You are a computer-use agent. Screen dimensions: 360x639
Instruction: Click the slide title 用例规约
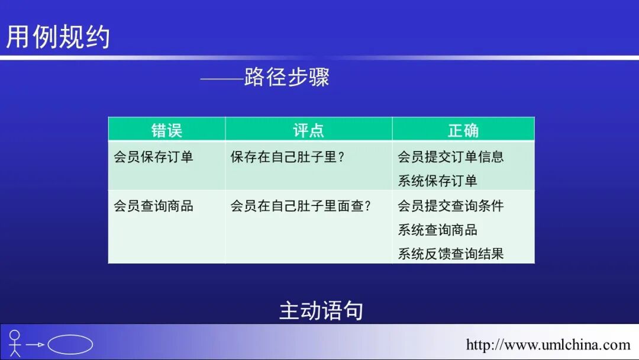click(58, 37)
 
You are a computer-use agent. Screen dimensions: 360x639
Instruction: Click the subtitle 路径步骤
click(286, 78)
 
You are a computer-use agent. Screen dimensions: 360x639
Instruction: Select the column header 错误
click(167, 130)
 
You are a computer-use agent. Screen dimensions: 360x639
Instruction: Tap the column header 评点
click(308, 130)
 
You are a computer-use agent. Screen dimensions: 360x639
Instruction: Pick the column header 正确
click(463, 130)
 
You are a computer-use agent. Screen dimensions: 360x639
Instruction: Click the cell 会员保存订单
click(153, 157)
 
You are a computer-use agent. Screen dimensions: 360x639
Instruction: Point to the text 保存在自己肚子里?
click(287, 157)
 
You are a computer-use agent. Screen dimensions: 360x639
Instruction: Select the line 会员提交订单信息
click(450, 157)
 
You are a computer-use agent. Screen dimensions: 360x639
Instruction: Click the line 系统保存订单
click(437, 181)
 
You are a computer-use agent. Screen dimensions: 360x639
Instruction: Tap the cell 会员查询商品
click(153, 206)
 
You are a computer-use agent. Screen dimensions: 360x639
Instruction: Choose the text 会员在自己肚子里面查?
click(300, 206)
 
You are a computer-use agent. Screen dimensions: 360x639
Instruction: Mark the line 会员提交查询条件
click(450, 206)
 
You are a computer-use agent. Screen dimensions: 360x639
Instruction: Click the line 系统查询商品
click(437, 230)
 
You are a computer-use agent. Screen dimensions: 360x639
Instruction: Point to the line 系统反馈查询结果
click(450, 254)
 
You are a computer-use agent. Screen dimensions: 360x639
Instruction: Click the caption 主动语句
click(321, 311)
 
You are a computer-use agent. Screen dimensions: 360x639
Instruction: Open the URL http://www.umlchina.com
click(548, 345)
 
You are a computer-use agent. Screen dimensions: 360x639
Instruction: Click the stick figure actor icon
click(15, 343)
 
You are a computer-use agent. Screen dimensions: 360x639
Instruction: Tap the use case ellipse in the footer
click(70, 344)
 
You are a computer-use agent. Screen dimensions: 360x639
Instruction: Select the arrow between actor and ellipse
click(35, 344)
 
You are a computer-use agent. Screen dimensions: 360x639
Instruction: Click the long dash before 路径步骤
click(222, 78)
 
